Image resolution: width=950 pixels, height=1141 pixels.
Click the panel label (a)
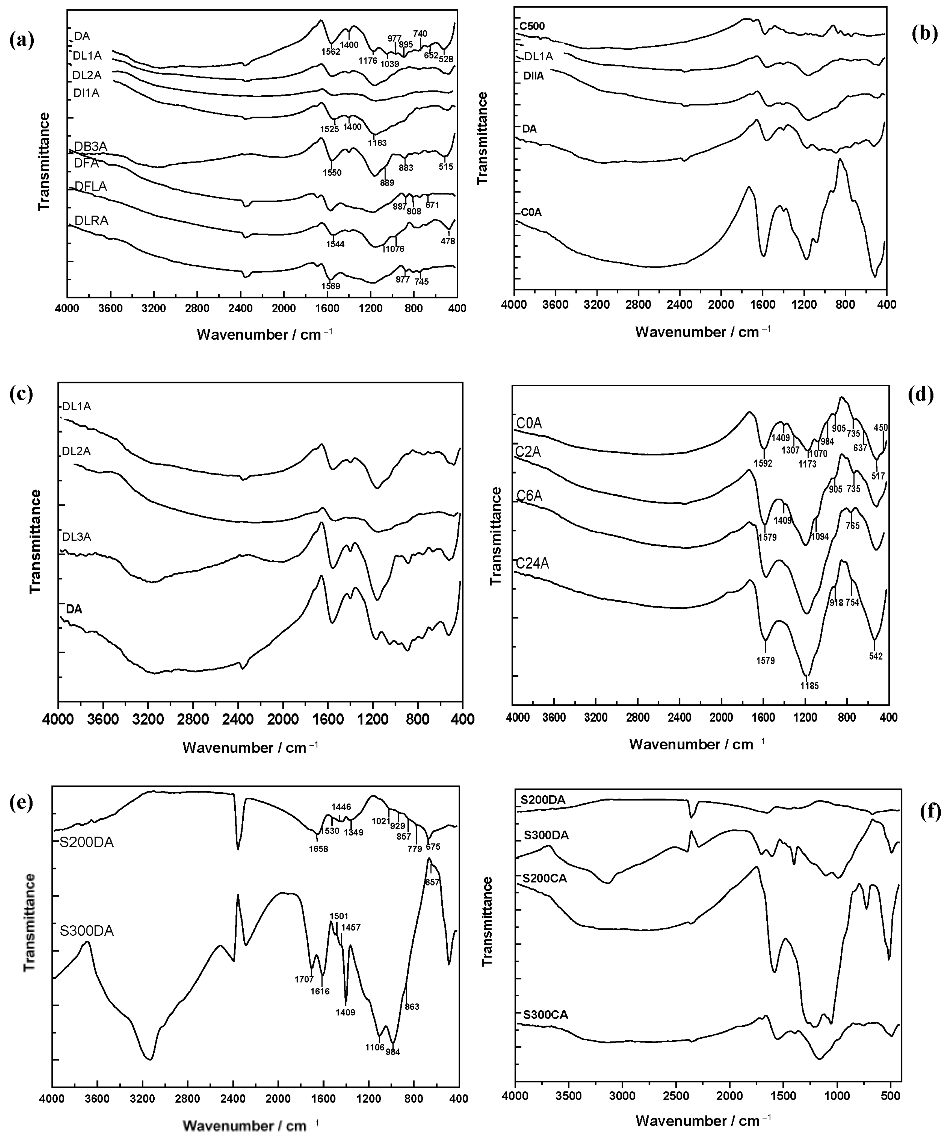coord(22,41)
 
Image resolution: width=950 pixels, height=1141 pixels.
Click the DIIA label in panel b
coord(533,76)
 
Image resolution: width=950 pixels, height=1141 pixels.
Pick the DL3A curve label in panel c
coord(77,537)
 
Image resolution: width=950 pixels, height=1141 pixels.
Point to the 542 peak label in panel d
coord(875,656)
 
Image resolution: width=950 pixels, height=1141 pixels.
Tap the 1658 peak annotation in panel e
coord(318,849)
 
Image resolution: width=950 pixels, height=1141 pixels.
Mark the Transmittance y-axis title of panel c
coord(35,541)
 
